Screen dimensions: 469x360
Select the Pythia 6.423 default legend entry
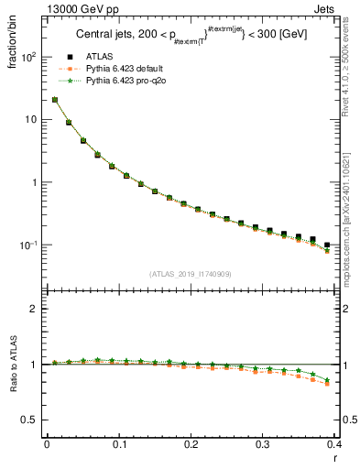click(119, 69)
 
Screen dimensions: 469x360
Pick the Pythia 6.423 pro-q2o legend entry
click(120, 81)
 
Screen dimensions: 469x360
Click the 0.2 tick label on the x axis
click(191, 443)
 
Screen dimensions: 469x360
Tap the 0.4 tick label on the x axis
click(334, 443)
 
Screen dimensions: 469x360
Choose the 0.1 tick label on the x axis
click(119, 443)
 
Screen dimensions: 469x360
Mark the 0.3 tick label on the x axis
click(263, 443)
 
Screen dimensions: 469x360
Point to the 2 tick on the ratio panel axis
click(36, 309)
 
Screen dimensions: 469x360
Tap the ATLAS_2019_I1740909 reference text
click(191, 274)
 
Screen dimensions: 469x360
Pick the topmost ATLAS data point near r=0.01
click(55, 100)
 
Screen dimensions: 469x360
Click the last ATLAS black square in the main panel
click(327, 245)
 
